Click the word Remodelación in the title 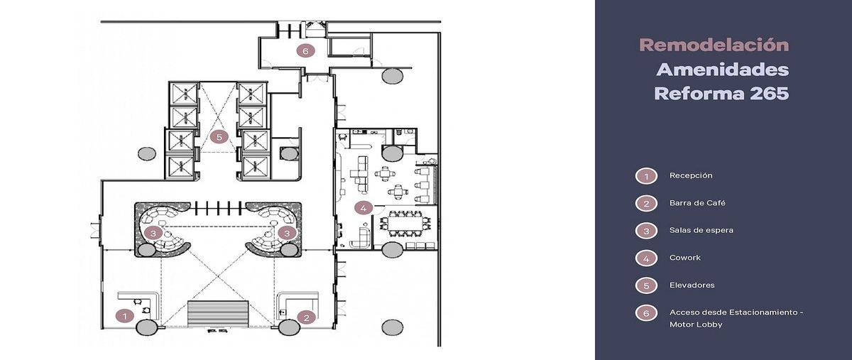714,45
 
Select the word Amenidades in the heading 723,70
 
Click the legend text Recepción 691,176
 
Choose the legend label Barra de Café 697,203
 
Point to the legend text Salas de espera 701,230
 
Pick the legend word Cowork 684,258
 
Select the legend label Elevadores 692,285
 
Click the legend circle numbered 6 646,313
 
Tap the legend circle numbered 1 646,176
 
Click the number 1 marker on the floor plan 125,316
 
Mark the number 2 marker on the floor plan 307,317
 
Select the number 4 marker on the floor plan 364,208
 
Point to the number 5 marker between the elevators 219,137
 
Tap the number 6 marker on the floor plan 305,50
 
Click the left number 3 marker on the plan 153,233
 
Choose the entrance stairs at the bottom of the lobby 218,314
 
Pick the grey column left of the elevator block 146,154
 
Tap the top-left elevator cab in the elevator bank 184,94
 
